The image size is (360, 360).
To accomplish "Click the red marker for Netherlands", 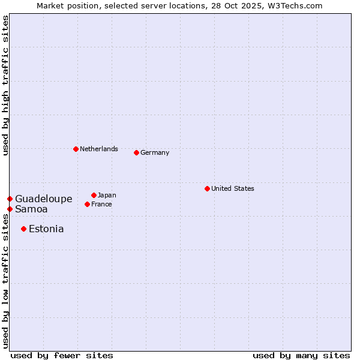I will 76,149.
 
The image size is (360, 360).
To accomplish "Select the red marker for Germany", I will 136,152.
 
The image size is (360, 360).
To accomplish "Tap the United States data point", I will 207,188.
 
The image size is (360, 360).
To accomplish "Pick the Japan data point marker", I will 94,195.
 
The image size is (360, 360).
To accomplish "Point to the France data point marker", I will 87,204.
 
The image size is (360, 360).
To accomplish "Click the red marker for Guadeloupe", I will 10,199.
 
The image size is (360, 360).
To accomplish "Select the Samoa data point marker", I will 10,209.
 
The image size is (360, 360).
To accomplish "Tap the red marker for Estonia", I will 23,229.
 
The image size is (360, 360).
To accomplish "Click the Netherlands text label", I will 99,149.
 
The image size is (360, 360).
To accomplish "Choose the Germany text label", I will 155,152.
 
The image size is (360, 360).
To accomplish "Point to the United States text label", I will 233,188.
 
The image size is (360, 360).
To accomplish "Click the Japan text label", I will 107,195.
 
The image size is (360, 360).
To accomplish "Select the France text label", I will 101,204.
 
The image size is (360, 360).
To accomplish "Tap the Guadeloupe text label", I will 44,199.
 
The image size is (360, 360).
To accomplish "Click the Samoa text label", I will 31,209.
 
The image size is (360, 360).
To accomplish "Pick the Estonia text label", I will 46,229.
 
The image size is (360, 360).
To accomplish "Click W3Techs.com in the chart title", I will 295,5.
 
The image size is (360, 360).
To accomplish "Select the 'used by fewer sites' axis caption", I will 62,355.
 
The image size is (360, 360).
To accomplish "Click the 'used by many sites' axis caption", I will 301,355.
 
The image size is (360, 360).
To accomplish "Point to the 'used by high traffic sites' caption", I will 5,85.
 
